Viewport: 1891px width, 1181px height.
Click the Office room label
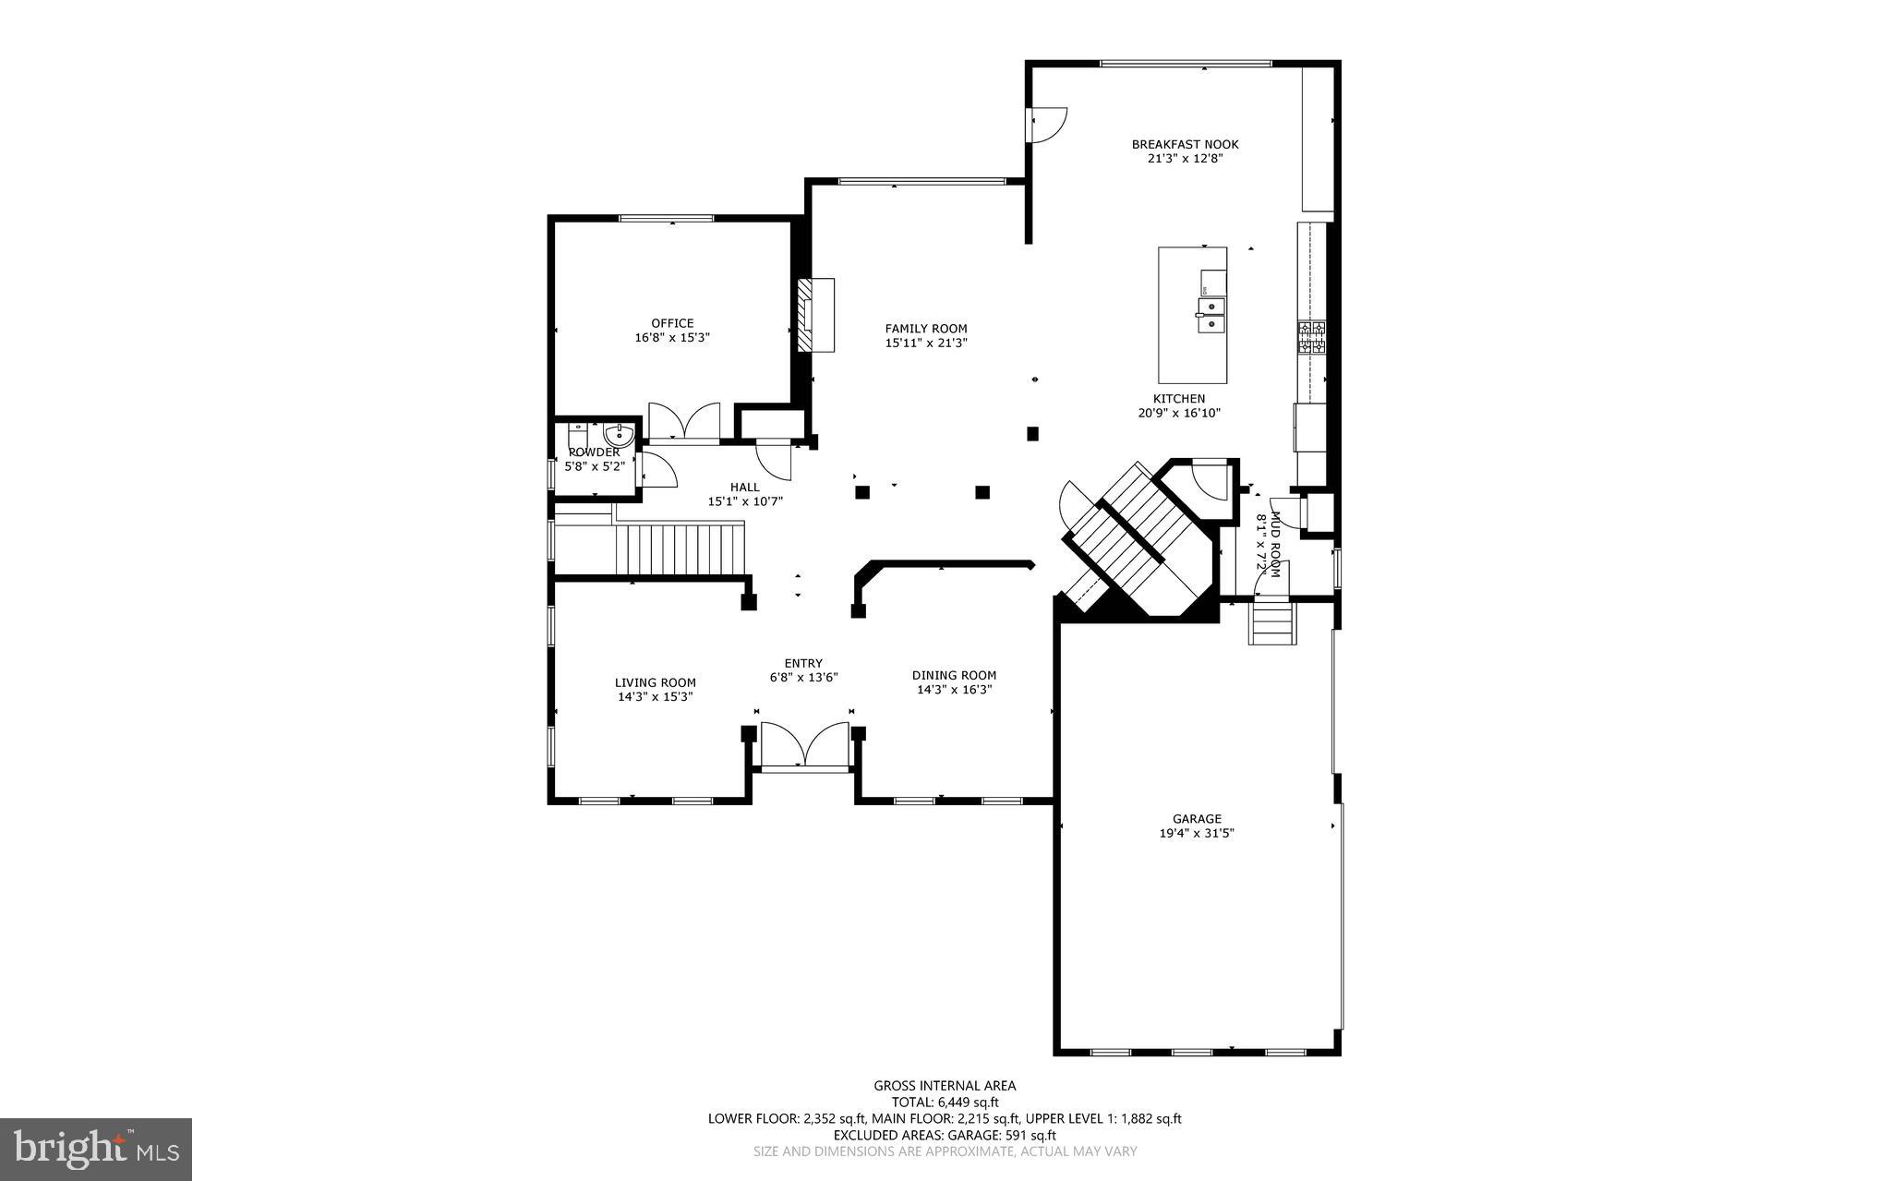click(x=672, y=323)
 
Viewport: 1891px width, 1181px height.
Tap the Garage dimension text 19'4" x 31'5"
click(x=1197, y=833)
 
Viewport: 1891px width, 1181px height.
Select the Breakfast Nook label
click(x=1185, y=144)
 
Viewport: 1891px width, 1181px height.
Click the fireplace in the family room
click(x=815, y=315)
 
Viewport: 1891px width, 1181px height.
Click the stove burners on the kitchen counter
click(x=1311, y=338)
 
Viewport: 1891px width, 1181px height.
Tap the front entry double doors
click(x=804, y=745)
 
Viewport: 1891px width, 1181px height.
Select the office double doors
click(x=684, y=423)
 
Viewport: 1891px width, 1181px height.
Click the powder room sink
click(x=618, y=435)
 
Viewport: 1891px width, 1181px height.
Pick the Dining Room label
click(x=954, y=675)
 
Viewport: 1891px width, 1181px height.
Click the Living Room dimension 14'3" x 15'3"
click(x=656, y=697)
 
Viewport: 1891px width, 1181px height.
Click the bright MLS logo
click(x=96, y=1149)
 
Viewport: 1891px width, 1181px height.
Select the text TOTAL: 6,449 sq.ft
click(x=945, y=1102)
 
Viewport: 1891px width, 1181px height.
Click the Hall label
click(x=745, y=488)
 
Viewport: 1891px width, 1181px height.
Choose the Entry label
click(x=803, y=663)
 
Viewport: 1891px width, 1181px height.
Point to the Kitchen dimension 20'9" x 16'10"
click(x=1179, y=414)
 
